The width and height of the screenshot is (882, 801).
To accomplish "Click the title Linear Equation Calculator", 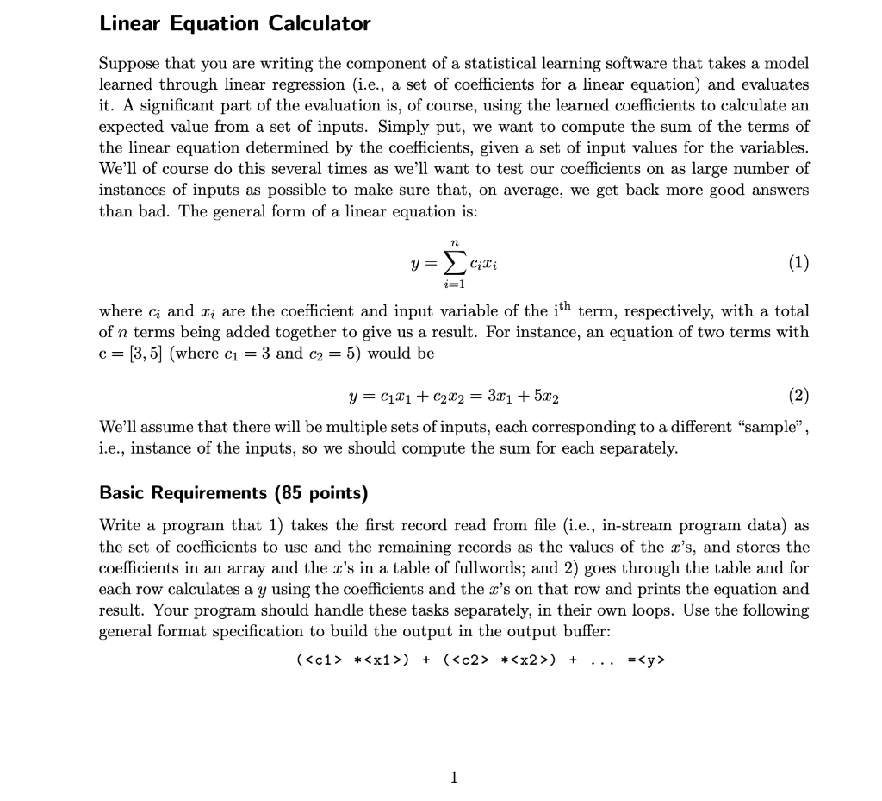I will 235,24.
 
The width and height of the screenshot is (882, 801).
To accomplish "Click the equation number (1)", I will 798,262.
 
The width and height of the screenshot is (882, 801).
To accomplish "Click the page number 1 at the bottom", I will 454,778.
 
